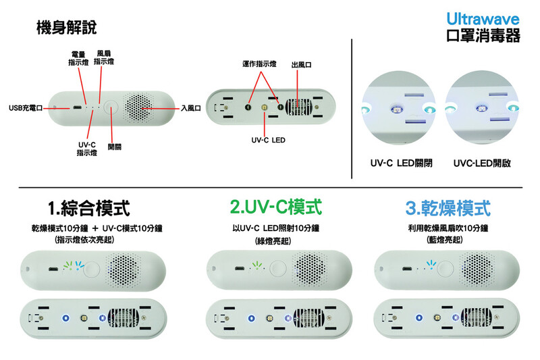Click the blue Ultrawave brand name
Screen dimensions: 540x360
click(x=483, y=19)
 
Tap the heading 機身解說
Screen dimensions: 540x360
click(x=66, y=27)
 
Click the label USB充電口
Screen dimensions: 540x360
click(x=26, y=108)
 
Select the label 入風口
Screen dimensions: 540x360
click(x=191, y=108)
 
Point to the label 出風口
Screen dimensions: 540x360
click(x=301, y=65)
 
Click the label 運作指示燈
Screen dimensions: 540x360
click(x=259, y=63)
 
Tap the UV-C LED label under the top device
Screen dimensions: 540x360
click(x=268, y=140)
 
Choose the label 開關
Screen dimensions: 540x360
click(x=114, y=147)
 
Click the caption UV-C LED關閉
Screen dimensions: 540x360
click(x=401, y=163)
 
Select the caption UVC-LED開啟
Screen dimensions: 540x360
click(x=482, y=163)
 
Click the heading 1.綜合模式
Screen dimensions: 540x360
click(x=89, y=208)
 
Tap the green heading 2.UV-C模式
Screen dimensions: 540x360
click(x=276, y=207)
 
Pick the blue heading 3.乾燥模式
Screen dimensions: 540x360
click(x=448, y=208)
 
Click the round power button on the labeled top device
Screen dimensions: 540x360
click(x=111, y=108)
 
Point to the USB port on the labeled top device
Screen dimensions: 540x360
click(x=76, y=108)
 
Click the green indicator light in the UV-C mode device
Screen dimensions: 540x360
click(x=256, y=265)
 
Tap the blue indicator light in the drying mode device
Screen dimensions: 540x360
click(x=431, y=265)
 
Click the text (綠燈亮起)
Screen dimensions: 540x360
click(x=273, y=241)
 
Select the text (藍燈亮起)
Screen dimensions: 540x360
click(x=444, y=240)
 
